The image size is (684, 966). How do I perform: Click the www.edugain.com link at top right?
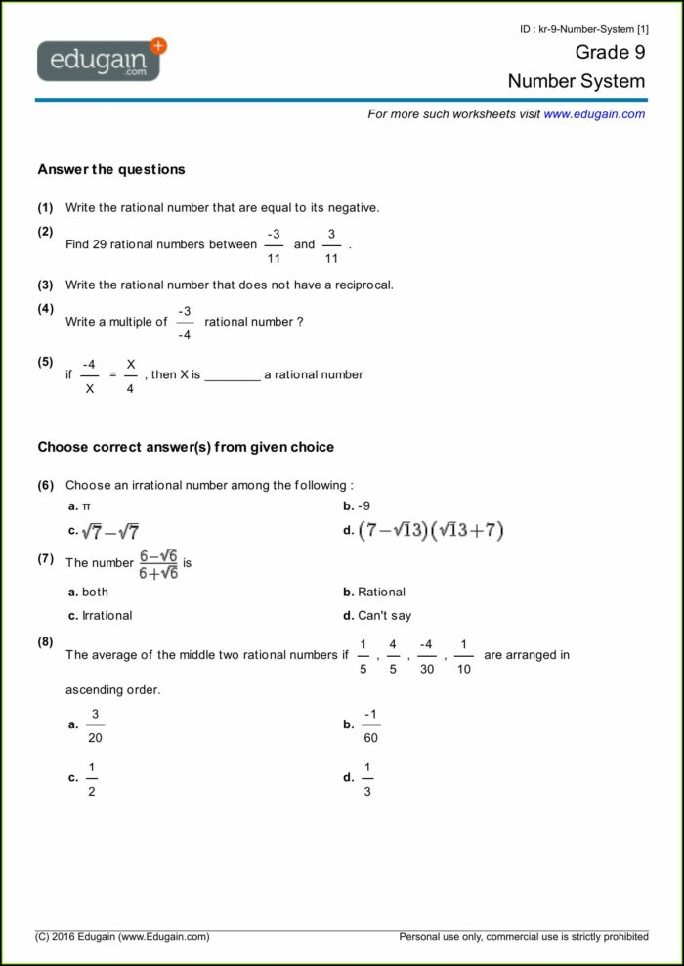click(x=594, y=114)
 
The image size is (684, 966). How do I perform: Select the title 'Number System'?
click(x=576, y=81)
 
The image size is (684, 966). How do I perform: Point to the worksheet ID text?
click(x=583, y=30)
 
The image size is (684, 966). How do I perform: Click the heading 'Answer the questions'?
click(x=110, y=169)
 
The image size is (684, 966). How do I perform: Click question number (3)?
click(x=46, y=285)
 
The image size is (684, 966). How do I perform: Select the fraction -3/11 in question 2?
click(x=274, y=245)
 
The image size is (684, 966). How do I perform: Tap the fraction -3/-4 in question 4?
click(x=185, y=323)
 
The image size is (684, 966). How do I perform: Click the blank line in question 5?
click(x=233, y=375)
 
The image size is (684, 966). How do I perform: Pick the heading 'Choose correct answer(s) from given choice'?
click(x=186, y=447)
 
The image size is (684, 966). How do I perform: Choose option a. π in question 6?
click(x=79, y=506)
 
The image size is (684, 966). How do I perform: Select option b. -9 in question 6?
click(x=357, y=506)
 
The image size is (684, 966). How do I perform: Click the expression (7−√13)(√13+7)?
click(x=430, y=531)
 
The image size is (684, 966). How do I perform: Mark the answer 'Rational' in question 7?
click(x=380, y=592)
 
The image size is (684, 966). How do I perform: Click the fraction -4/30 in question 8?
click(x=426, y=656)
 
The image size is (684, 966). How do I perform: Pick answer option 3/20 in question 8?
click(x=95, y=725)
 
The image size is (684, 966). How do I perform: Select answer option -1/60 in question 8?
click(x=370, y=725)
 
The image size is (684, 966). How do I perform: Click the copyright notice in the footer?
click(x=123, y=937)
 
